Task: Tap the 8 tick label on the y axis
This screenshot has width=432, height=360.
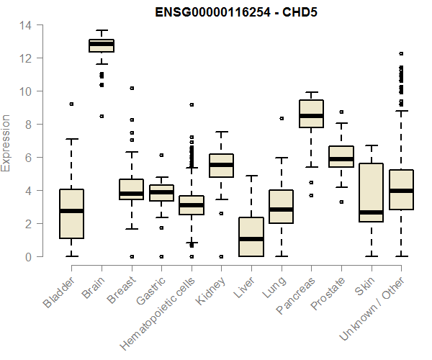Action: click(x=27, y=125)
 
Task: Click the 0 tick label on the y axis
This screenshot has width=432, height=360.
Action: click(x=27, y=256)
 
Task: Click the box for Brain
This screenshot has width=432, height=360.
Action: click(x=102, y=45)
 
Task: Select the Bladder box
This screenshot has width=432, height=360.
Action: click(x=71, y=214)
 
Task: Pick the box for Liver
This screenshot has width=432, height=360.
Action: click(x=251, y=237)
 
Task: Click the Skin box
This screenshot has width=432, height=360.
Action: click(x=371, y=193)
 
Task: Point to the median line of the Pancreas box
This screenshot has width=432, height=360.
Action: click(x=311, y=115)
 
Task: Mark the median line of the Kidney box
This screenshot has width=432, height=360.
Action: click(x=221, y=165)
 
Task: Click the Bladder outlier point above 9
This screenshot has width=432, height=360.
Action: click(x=71, y=104)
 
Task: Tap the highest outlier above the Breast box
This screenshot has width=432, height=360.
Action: click(x=132, y=88)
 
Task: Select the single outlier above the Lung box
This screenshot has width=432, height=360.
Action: click(x=282, y=118)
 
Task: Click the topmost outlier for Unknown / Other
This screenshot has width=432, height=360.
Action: click(x=401, y=53)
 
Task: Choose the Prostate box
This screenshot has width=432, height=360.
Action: click(x=341, y=156)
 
